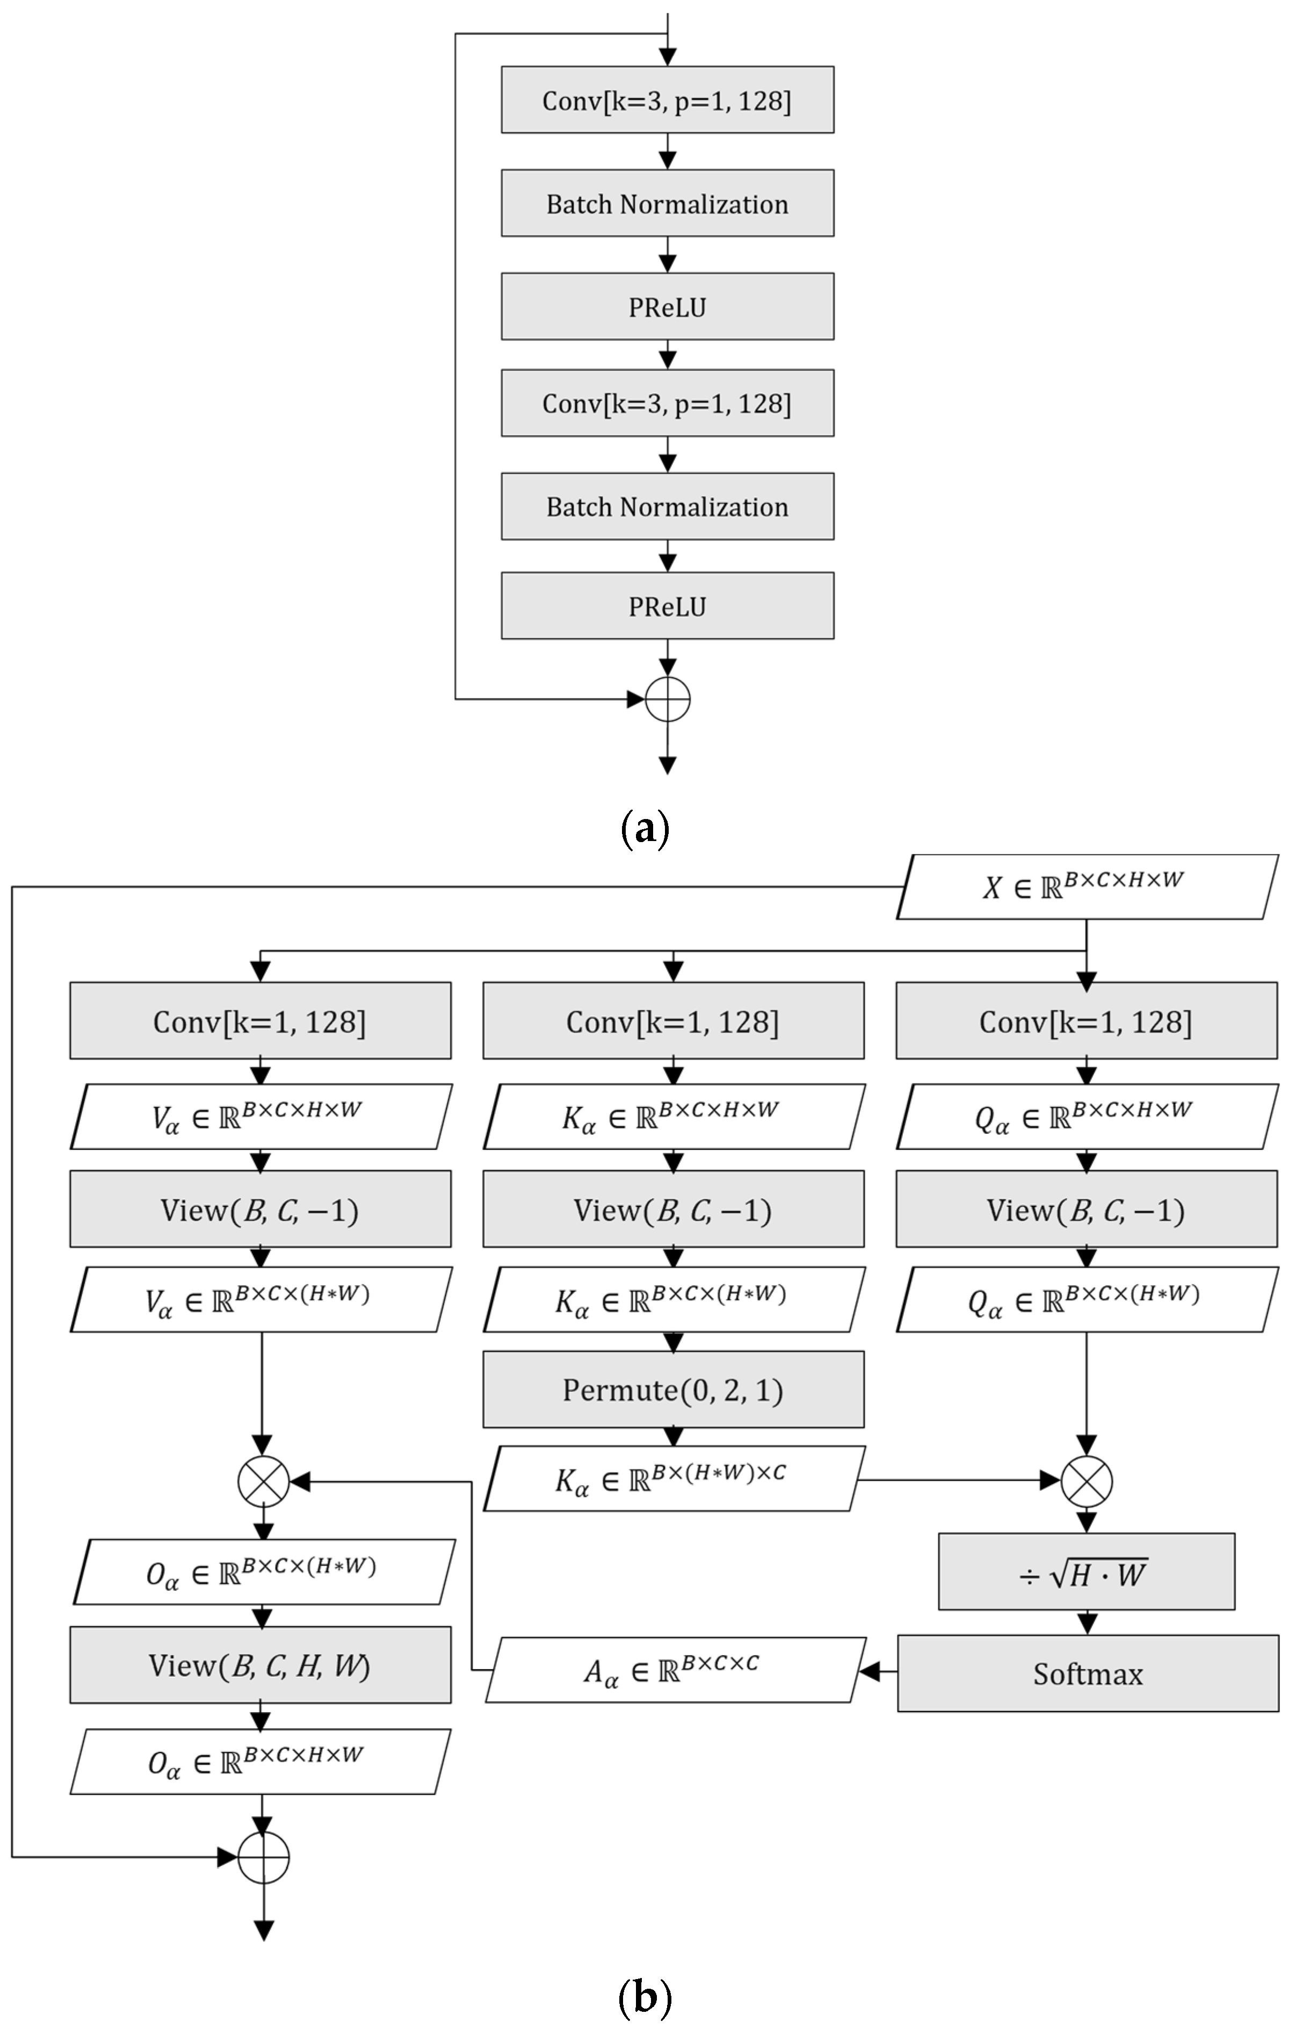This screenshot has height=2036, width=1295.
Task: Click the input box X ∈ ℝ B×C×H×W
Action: click(1086, 887)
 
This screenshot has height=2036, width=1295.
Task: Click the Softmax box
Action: click(1088, 1673)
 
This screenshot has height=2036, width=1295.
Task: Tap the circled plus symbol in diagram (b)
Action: click(263, 1858)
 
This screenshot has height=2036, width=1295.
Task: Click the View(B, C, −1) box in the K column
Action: click(674, 1209)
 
